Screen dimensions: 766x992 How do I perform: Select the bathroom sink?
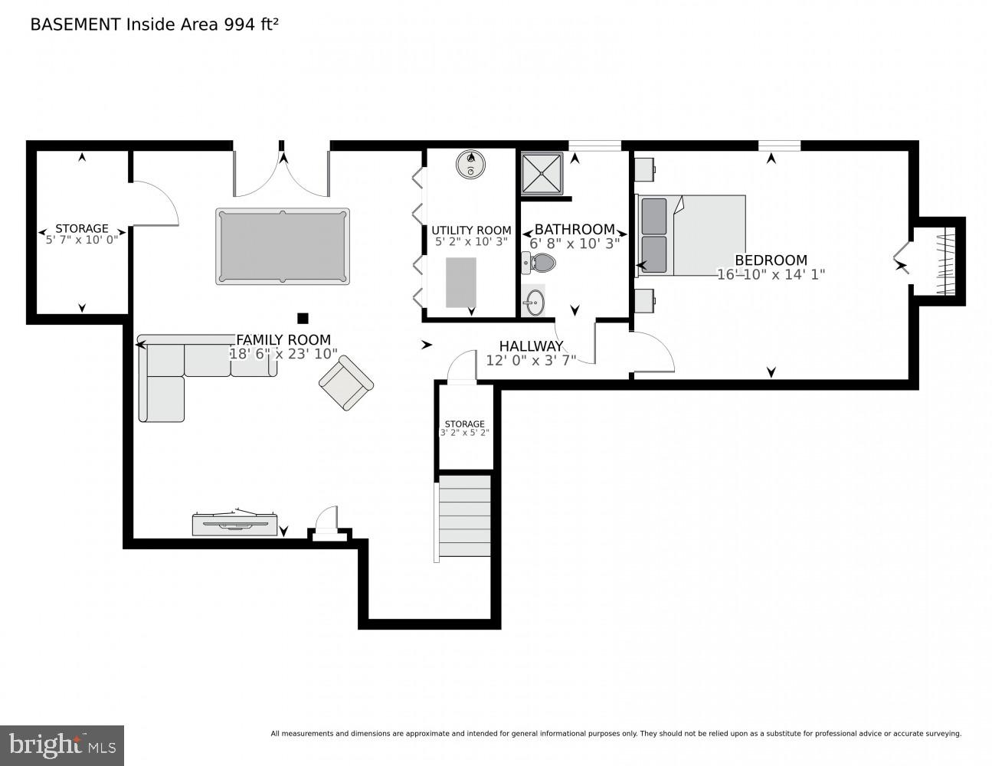click(534, 300)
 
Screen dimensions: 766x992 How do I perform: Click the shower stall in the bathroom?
click(542, 174)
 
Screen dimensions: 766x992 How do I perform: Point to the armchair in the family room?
click(345, 383)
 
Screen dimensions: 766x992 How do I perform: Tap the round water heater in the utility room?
click(470, 164)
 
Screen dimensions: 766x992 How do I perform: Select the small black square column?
click(303, 318)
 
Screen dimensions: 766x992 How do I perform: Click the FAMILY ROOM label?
click(283, 339)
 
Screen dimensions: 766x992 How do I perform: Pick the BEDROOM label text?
click(771, 260)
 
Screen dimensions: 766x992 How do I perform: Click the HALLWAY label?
click(531, 345)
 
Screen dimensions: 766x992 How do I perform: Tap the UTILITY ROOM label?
click(471, 230)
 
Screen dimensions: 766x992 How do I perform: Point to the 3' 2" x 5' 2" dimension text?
click(464, 433)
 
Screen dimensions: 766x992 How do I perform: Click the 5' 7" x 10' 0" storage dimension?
click(82, 239)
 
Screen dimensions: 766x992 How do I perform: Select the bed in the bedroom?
click(691, 235)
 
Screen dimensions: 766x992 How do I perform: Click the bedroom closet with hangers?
click(945, 261)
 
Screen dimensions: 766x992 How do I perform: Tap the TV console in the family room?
click(234, 524)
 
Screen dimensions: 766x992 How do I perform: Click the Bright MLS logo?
click(62, 745)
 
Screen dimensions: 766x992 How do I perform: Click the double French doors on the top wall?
click(282, 172)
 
